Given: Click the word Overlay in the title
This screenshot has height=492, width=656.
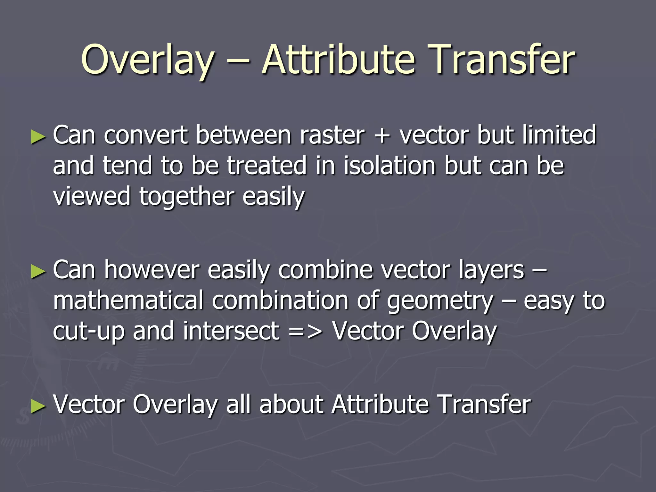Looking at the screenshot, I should point(148,60).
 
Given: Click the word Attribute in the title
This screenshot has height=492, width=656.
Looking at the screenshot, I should point(338,60).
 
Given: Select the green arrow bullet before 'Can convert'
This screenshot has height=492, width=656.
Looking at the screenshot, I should point(38,137).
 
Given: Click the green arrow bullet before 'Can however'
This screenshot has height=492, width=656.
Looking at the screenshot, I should point(38,272).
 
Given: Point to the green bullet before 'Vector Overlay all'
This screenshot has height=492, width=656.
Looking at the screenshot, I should point(38,406).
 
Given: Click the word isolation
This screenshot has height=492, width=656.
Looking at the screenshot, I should point(390,166).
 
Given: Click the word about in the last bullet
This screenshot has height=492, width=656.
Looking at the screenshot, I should point(291,404).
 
